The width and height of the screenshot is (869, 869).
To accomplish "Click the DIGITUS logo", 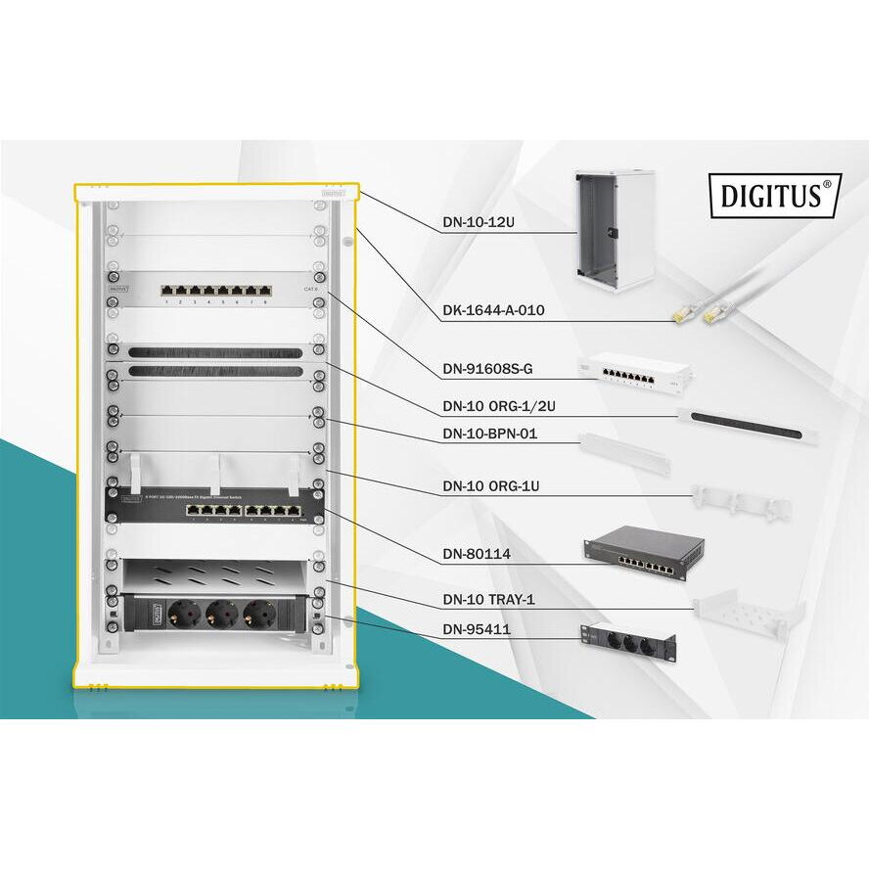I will tap(773, 195).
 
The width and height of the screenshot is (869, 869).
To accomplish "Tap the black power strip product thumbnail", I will tap(626, 642).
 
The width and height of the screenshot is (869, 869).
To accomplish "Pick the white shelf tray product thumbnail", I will tap(748, 614).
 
